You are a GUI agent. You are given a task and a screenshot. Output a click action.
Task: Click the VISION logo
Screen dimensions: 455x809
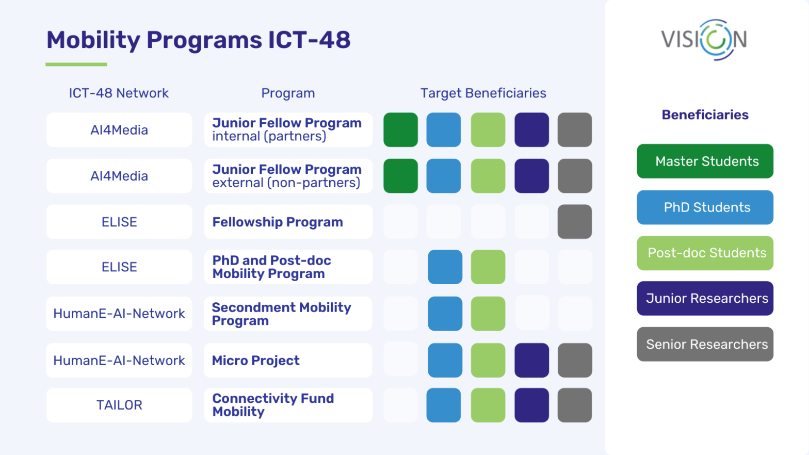pyautogui.click(x=704, y=40)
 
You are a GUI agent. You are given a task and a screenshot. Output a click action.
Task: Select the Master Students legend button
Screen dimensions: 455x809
pyautogui.click(x=705, y=161)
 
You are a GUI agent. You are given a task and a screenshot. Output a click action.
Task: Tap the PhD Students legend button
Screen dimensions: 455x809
pyautogui.click(x=705, y=207)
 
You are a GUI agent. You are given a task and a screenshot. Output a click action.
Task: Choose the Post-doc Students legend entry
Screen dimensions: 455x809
pyautogui.click(x=705, y=253)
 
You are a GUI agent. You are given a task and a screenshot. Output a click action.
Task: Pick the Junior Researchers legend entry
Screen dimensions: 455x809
pyautogui.click(x=705, y=298)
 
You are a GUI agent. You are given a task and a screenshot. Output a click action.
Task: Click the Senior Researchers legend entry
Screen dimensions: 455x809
pyautogui.click(x=705, y=344)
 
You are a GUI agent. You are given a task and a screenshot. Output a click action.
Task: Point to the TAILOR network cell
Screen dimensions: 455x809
pyautogui.click(x=119, y=405)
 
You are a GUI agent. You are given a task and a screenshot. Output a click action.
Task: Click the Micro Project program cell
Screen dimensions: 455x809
pyautogui.click(x=288, y=360)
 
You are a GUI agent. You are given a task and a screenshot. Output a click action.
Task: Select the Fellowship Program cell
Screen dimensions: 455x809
pyautogui.click(x=288, y=222)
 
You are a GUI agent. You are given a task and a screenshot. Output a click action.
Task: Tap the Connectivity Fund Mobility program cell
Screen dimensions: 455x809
pyautogui.click(x=288, y=405)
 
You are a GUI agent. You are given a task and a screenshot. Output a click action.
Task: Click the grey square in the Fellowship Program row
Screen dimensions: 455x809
pyautogui.click(x=574, y=222)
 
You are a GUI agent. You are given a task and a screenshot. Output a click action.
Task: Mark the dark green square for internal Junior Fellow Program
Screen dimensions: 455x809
pyautogui.click(x=400, y=130)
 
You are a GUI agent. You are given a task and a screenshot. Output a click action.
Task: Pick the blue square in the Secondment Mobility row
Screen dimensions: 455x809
pyautogui.click(x=445, y=314)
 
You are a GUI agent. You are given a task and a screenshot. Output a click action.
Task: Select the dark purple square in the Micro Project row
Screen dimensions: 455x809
pyautogui.click(x=531, y=360)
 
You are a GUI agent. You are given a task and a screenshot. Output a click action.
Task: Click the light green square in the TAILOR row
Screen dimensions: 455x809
pyautogui.click(x=488, y=405)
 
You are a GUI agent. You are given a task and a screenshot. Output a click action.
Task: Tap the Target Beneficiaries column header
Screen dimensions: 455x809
pyautogui.click(x=483, y=93)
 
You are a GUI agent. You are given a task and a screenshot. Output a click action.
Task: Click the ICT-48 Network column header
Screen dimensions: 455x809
pyautogui.click(x=119, y=93)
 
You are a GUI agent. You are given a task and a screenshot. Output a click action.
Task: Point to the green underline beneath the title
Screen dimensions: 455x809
pyautogui.click(x=76, y=64)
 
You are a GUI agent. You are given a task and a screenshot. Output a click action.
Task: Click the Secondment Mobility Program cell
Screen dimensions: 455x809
pyautogui.click(x=288, y=314)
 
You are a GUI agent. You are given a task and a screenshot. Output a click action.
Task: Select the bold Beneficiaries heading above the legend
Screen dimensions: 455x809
pyautogui.click(x=705, y=115)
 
